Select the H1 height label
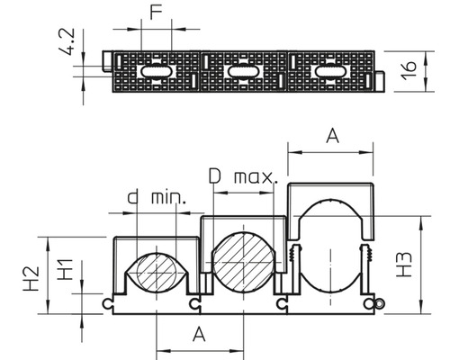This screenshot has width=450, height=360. click(65, 270)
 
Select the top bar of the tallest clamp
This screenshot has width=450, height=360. click(329, 190)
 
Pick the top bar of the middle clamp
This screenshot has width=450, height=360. click(243, 220)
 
